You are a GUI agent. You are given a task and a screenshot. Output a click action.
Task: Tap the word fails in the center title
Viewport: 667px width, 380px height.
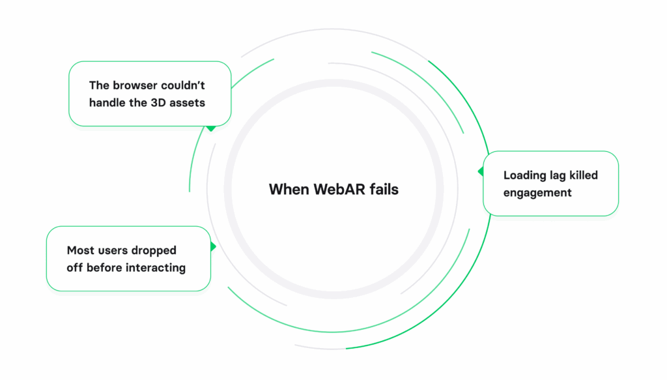click(x=383, y=190)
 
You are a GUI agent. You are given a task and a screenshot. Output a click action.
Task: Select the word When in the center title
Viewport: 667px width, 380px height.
click(x=289, y=190)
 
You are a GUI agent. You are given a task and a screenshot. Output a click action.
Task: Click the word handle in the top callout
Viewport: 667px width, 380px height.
click(x=106, y=102)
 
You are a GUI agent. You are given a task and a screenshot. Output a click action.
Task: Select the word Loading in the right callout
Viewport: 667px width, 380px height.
click(x=525, y=175)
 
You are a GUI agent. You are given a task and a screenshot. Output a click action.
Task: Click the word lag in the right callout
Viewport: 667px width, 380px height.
click(x=560, y=175)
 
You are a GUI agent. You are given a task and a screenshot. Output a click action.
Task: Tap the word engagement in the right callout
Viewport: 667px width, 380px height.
click(x=537, y=192)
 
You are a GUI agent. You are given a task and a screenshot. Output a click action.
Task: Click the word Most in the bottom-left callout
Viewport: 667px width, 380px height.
click(x=80, y=250)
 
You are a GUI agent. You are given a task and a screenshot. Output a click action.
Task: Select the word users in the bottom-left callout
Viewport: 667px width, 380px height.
click(x=113, y=250)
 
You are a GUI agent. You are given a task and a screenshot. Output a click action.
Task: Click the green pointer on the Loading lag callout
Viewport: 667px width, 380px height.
click(x=481, y=171)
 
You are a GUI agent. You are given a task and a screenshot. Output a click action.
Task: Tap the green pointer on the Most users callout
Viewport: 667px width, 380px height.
click(x=213, y=247)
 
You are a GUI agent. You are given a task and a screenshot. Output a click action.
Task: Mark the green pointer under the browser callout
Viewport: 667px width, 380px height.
click(x=211, y=128)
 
